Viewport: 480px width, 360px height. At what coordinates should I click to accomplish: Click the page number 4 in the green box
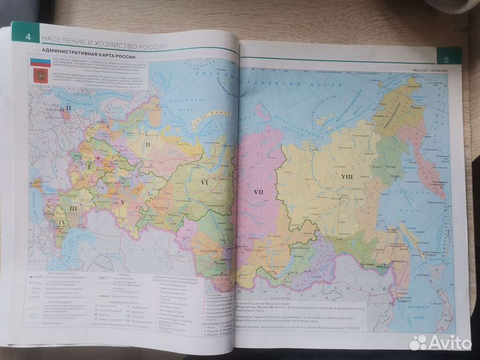[x=27, y=36]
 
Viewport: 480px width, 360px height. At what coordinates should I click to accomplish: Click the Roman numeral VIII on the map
[x=347, y=177]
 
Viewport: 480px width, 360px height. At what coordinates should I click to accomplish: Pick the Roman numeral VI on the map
[x=205, y=181]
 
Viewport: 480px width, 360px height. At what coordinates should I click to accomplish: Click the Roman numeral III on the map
[x=73, y=208]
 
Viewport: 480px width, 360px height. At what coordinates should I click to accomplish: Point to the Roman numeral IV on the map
[x=62, y=223]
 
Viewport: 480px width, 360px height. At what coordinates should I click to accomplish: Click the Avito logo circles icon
[x=418, y=342]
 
